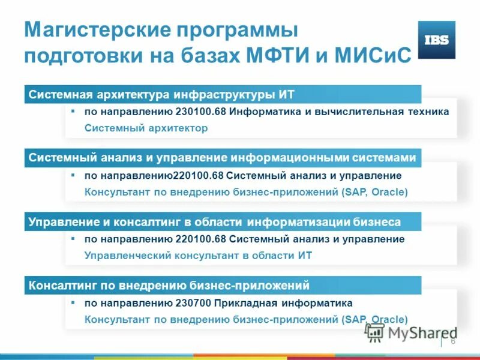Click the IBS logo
(x=436, y=40)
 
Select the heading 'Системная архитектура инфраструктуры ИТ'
(x=162, y=95)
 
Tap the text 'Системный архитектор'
(x=146, y=128)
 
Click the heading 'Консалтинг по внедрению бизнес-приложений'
(x=169, y=286)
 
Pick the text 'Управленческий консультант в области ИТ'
(x=198, y=255)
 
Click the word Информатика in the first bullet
(x=265, y=112)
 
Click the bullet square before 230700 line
(x=73, y=302)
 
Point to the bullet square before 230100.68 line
(x=73, y=111)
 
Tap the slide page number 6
(x=453, y=341)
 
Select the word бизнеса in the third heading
(x=377, y=222)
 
